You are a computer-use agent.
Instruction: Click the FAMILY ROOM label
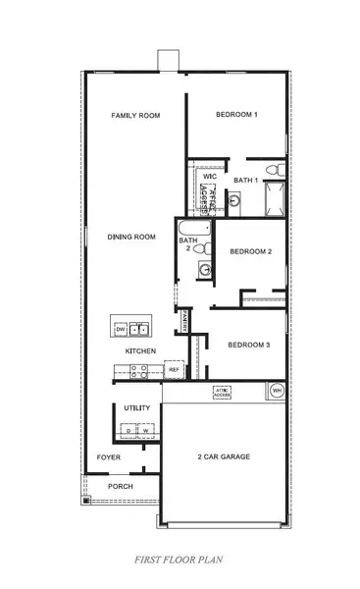135,115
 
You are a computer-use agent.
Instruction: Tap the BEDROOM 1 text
235,115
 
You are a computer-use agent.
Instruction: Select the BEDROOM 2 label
250,252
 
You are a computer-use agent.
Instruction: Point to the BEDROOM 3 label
248,345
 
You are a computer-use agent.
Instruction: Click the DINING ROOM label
131,237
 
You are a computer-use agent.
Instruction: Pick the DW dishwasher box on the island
121,329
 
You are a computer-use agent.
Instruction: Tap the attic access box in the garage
223,392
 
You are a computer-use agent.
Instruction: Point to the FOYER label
108,457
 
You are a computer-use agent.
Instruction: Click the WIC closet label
209,177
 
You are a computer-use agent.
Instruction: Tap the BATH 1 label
245,180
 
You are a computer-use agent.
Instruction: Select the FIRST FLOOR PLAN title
180,560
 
